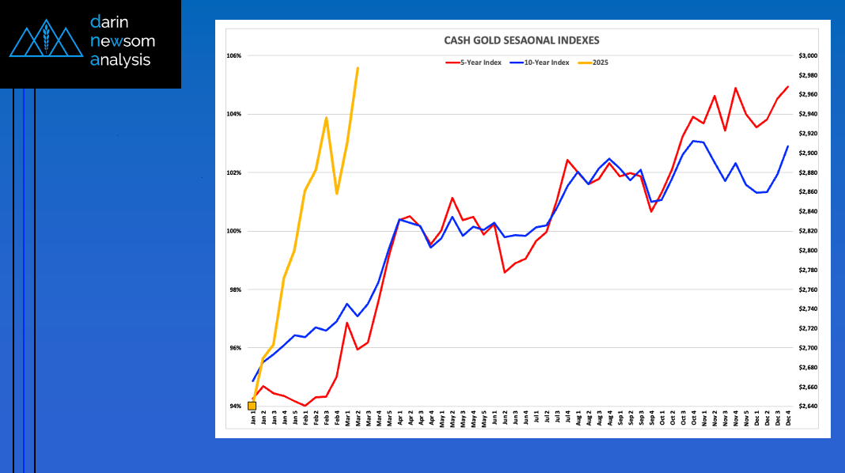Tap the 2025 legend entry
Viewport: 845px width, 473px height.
click(x=600, y=62)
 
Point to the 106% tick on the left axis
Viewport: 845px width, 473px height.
click(x=234, y=56)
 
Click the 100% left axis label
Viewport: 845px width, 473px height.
click(x=234, y=231)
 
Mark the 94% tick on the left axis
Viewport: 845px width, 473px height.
click(x=234, y=407)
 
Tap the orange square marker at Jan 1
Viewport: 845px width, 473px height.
click(x=252, y=406)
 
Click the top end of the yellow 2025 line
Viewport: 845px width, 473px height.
click(x=358, y=68)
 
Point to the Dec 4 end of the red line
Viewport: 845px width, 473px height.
click(x=788, y=87)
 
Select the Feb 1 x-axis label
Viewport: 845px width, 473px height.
click(x=305, y=419)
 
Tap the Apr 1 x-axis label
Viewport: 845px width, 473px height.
click(x=400, y=419)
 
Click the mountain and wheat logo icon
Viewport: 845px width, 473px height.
click(x=45, y=40)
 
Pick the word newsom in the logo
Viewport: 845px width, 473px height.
click(x=123, y=40)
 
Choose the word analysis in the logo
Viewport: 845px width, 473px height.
click(x=120, y=59)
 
